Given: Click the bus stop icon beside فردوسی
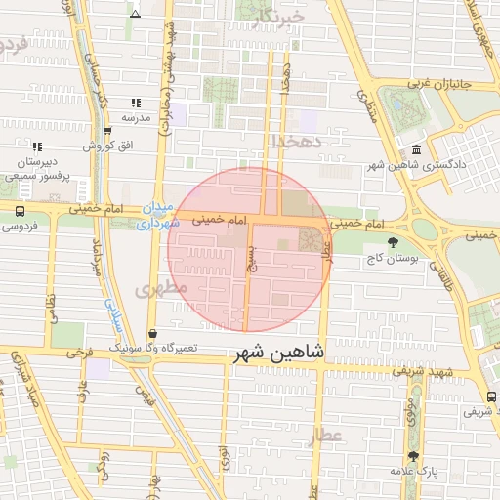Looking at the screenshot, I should pos(20,209).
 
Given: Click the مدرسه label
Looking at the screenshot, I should pos(135,117).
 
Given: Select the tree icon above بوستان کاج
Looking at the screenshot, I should pos(393,243).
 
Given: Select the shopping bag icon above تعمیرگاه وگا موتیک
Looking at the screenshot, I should pos(150,334).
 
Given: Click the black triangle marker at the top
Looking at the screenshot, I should pos(135,14).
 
